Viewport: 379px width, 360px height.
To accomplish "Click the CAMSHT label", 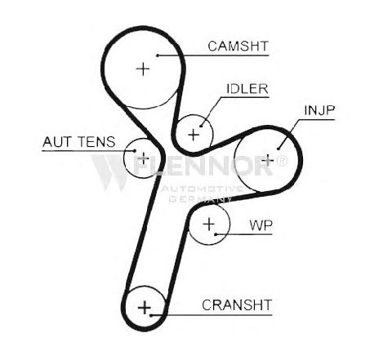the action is pyautogui.click(x=238, y=47).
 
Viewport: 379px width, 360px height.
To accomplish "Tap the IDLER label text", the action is pyautogui.click(x=247, y=89).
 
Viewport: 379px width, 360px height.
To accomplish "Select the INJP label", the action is pyautogui.click(x=319, y=110).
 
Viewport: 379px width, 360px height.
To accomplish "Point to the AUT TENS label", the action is pyautogui.click(x=79, y=142).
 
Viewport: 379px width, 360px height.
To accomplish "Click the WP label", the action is pyautogui.click(x=261, y=225).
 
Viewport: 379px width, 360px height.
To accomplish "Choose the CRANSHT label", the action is pyautogui.click(x=237, y=305).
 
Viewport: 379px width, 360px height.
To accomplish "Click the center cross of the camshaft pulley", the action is pyautogui.click(x=143, y=69).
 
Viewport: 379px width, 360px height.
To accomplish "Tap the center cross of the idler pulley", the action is pyautogui.click(x=194, y=135).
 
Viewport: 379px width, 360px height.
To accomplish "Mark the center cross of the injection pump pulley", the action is pyautogui.click(x=268, y=160).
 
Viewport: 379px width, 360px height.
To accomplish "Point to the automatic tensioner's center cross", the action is pyautogui.click(x=143, y=158).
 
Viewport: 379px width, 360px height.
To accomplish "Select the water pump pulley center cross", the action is pyautogui.click(x=209, y=224).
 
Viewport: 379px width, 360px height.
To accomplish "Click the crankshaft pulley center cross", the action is pyautogui.click(x=145, y=308).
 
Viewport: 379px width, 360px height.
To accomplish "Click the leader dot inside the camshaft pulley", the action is pyautogui.click(x=158, y=56).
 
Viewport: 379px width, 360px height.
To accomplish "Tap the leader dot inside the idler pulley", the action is pyautogui.click(x=201, y=126).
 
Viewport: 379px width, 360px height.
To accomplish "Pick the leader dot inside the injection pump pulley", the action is pyautogui.click(x=279, y=149).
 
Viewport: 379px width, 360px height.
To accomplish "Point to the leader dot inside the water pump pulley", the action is pyautogui.click(x=216, y=234).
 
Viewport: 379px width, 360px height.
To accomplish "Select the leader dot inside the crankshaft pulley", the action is pyautogui.click(x=150, y=315).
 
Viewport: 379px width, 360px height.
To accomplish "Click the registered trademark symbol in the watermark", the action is pyautogui.click(x=282, y=161).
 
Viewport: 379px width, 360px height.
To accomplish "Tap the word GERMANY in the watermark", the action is pyautogui.click(x=200, y=199).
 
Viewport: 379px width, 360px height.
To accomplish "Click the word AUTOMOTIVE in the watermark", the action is pyautogui.click(x=202, y=189).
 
